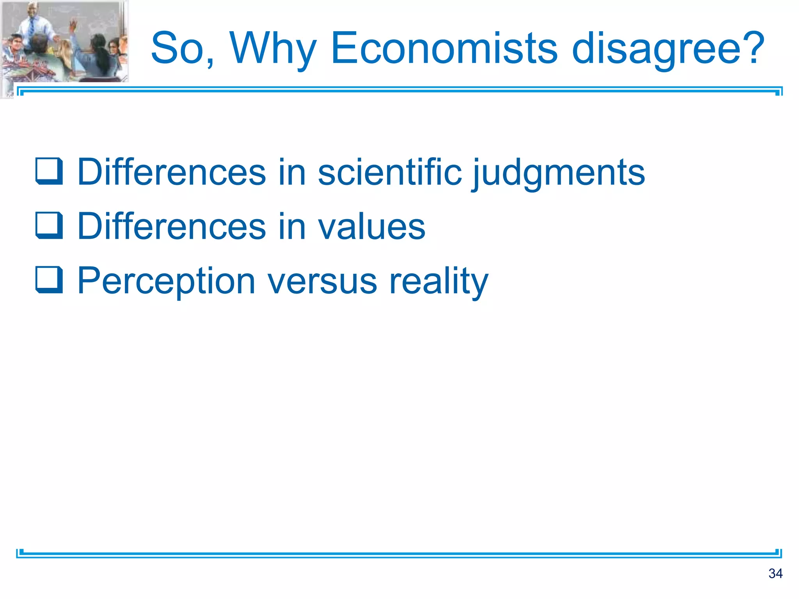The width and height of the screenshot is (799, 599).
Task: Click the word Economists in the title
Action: coord(444,48)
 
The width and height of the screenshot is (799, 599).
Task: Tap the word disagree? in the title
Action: coord(668,48)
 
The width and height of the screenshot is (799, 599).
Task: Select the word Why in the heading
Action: coord(273,48)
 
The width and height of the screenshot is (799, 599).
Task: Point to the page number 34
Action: coord(775,573)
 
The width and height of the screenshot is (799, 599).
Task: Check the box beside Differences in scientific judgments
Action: coord(49,171)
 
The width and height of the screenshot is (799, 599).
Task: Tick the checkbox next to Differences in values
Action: coord(49,225)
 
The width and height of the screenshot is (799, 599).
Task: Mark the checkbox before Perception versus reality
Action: coord(49,280)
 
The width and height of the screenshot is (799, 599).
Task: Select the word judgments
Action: coord(559,172)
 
